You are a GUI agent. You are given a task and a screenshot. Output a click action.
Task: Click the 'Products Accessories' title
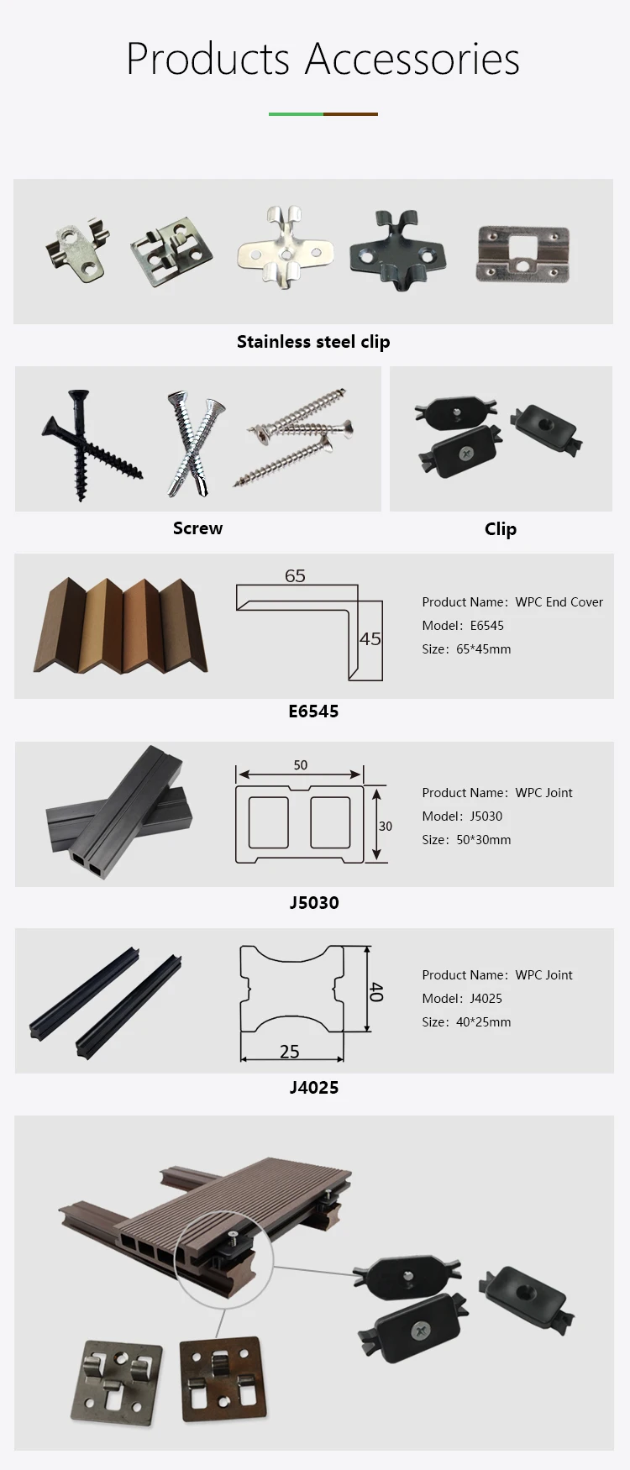(323, 59)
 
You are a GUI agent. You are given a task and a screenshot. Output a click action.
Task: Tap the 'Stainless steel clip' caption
(313, 342)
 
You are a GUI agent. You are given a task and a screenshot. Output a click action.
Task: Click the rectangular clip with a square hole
(522, 251)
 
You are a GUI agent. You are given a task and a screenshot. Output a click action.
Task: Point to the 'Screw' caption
(197, 528)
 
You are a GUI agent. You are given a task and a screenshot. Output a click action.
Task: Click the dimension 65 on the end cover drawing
(295, 576)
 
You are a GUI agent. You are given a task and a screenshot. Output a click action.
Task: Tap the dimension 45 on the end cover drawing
(370, 639)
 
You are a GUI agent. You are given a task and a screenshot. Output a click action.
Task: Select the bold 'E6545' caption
(313, 711)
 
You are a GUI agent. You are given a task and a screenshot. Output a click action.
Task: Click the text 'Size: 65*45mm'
(466, 649)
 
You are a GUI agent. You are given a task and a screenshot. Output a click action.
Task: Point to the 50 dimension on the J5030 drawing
(301, 765)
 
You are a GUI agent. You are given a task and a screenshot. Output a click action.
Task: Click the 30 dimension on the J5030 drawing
(386, 827)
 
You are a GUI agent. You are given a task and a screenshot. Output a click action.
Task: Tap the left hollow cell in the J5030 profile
(269, 823)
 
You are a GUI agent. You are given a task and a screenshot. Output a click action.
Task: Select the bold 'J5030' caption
(314, 903)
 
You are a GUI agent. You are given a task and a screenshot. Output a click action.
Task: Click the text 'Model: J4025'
(462, 999)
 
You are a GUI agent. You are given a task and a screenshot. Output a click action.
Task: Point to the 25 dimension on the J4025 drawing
(290, 1052)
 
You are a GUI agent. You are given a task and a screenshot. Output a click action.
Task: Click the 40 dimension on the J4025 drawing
(376, 991)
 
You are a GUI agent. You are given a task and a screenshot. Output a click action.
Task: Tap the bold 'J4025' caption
(314, 1088)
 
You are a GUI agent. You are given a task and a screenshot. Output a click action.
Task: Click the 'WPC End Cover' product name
(559, 602)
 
